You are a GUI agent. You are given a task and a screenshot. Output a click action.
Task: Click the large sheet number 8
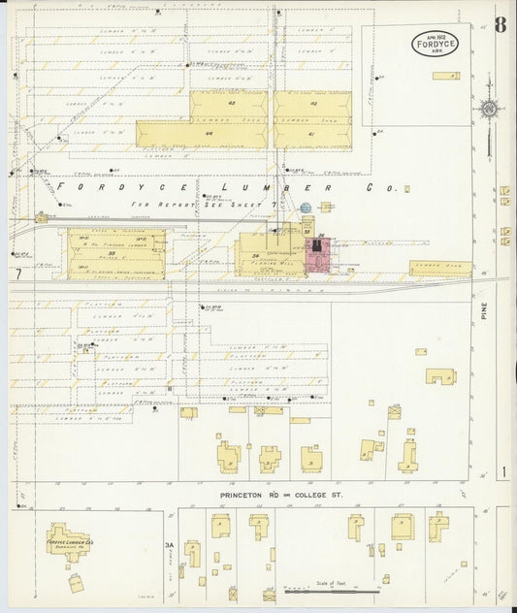(499, 25)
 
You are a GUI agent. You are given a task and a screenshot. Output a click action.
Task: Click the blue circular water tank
(306, 208)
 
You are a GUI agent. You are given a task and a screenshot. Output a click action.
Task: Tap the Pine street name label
(482, 310)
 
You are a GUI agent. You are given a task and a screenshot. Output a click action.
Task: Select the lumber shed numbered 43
(231, 104)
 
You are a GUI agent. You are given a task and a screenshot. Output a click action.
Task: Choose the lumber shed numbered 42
(312, 104)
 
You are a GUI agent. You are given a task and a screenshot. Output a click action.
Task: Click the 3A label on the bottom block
(169, 545)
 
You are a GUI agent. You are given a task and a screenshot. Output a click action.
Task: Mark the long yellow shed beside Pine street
(440, 268)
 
